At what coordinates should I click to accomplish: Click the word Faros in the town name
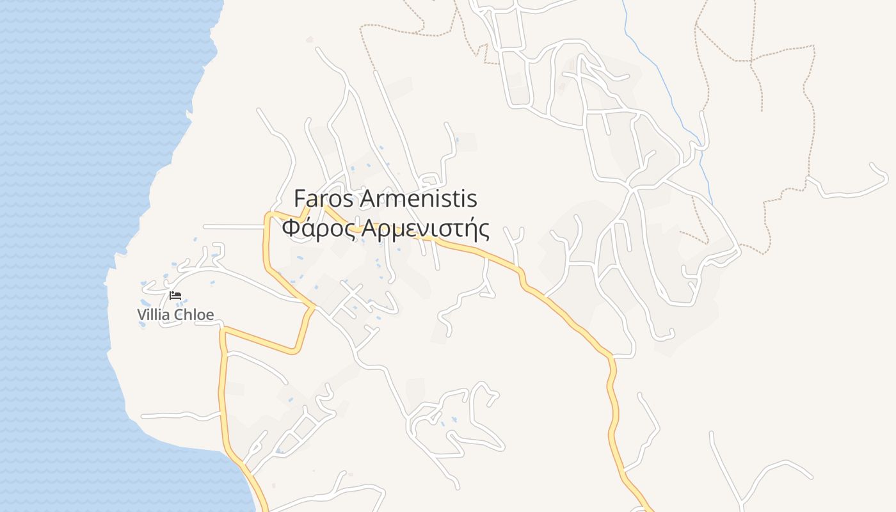pos(323,199)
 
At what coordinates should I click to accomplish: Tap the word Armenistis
pos(419,199)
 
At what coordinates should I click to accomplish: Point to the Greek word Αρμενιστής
pos(426,228)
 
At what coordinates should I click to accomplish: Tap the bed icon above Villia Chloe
pos(175,295)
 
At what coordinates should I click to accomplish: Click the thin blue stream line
pos(666,90)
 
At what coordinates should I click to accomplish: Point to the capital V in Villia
pos(141,314)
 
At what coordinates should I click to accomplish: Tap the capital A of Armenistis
pos(366,199)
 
